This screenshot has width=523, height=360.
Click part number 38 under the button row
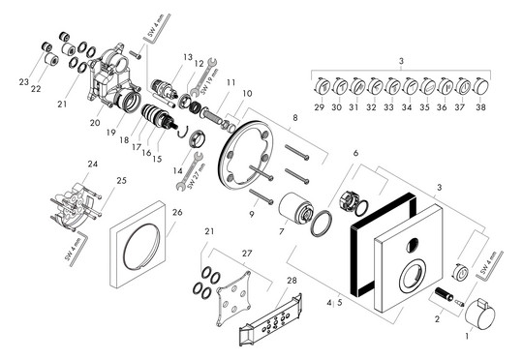point(480,107)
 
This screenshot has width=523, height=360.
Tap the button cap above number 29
point(322,86)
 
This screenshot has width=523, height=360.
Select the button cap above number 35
point(427,86)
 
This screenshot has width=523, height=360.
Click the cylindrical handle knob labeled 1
point(480,315)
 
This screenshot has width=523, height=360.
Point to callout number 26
point(177,212)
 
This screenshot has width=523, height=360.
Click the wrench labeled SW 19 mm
point(203,75)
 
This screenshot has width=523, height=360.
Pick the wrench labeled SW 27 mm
point(190,170)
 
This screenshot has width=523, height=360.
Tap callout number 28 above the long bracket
point(292,281)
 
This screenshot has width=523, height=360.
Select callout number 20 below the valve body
point(95,123)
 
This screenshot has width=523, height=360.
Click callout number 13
point(188,57)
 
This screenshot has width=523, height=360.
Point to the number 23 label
point(23,81)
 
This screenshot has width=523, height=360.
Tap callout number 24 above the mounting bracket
point(93,164)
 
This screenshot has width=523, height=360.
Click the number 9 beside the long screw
point(252,214)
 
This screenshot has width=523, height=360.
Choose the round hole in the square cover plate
point(413,246)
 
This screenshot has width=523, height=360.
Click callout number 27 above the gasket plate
point(247,254)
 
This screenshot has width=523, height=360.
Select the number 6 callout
point(355,153)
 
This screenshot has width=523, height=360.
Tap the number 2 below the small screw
point(437,319)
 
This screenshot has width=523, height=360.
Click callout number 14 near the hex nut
point(178,170)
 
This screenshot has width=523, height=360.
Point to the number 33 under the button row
point(388,107)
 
